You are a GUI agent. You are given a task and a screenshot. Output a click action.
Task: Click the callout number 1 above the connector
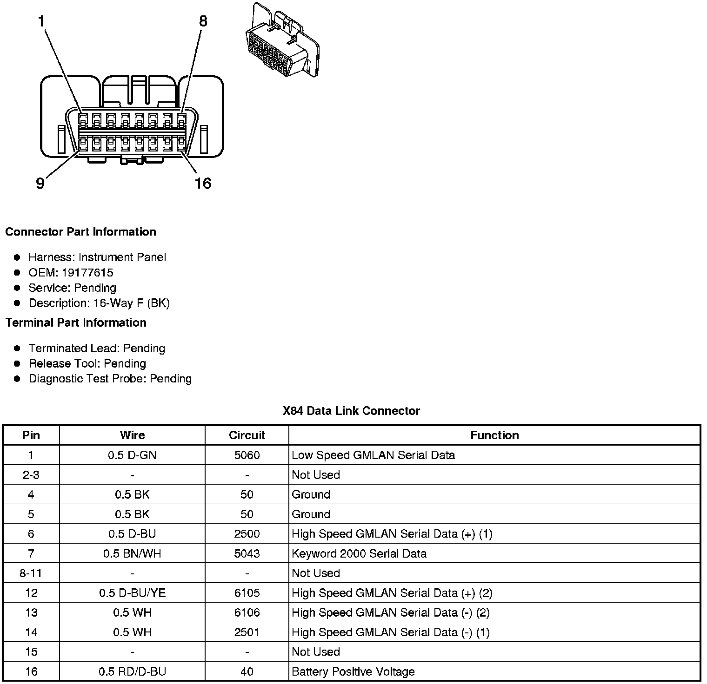[x=41, y=21]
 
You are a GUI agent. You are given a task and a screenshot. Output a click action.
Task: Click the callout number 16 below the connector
[x=203, y=184]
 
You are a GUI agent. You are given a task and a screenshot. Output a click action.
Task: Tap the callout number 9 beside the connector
[x=40, y=184]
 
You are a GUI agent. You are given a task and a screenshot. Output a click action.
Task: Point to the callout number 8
[x=203, y=21]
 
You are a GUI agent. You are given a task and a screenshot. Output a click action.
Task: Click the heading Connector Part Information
[x=81, y=232]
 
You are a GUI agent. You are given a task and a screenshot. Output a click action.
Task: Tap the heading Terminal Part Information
[x=76, y=322]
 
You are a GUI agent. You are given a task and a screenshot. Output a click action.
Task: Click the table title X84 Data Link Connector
[x=351, y=411]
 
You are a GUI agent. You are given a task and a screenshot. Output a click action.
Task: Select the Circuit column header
[x=247, y=435]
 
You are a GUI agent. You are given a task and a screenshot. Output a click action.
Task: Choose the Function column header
[x=494, y=435]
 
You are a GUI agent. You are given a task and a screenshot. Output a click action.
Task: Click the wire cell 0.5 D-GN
[x=132, y=455]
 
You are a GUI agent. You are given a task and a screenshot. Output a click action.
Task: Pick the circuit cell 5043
[x=247, y=553]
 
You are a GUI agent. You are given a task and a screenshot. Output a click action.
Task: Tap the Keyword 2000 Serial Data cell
[x=359, y=553]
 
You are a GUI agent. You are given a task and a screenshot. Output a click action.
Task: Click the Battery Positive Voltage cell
[x=353, y=671]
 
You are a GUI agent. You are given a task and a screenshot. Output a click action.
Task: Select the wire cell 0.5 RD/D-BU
[x=132, y=671]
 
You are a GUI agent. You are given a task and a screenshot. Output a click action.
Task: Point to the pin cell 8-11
[x=31, y=573]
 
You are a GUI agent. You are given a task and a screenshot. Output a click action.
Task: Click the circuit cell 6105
[x=247, y=593]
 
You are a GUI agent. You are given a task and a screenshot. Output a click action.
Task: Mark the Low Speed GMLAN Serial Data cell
[x=373, y=455]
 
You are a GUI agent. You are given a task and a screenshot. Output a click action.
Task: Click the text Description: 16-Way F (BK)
[x=99, y=303]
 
